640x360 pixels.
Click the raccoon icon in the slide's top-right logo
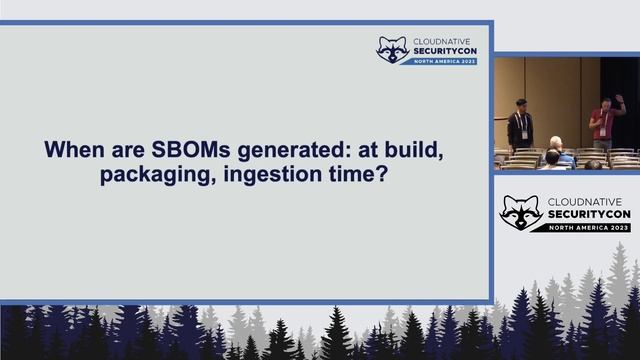pos(391,50)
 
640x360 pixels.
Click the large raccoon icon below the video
pos(521,212)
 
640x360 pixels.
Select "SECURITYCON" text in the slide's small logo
pos(445,51)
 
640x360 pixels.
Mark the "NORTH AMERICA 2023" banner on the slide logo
pos(445,61)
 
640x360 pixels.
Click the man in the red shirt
pos(603,124)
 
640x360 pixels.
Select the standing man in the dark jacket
pos(519,126)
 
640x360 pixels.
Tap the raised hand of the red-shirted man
pos(619,99)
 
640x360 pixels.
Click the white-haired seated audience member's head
pos(555,143)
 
